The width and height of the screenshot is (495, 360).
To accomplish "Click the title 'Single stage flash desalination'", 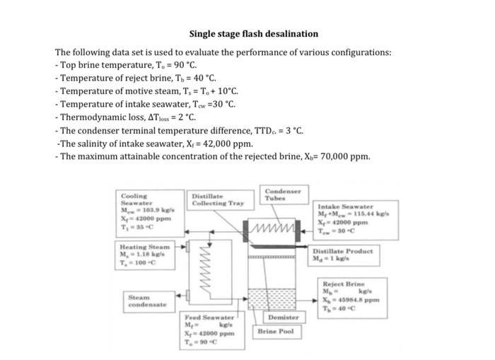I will (x=253, y=34).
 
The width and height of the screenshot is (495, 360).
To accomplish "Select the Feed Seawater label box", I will (x=209, y=330).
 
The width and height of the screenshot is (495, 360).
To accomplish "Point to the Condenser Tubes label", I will (x=283, y=194).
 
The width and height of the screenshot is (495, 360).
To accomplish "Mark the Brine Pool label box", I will (x=276, y=331).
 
